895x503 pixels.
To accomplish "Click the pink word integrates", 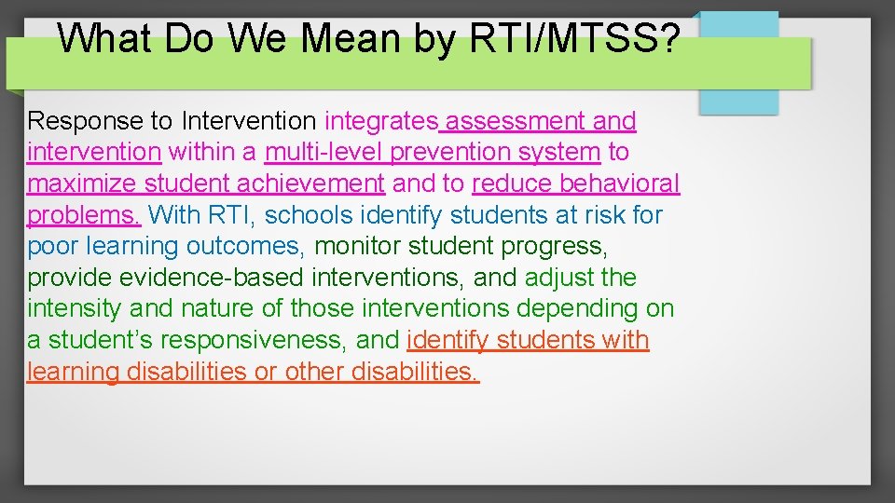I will tap(381, 121).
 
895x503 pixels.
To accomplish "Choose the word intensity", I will tap(70, 308).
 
